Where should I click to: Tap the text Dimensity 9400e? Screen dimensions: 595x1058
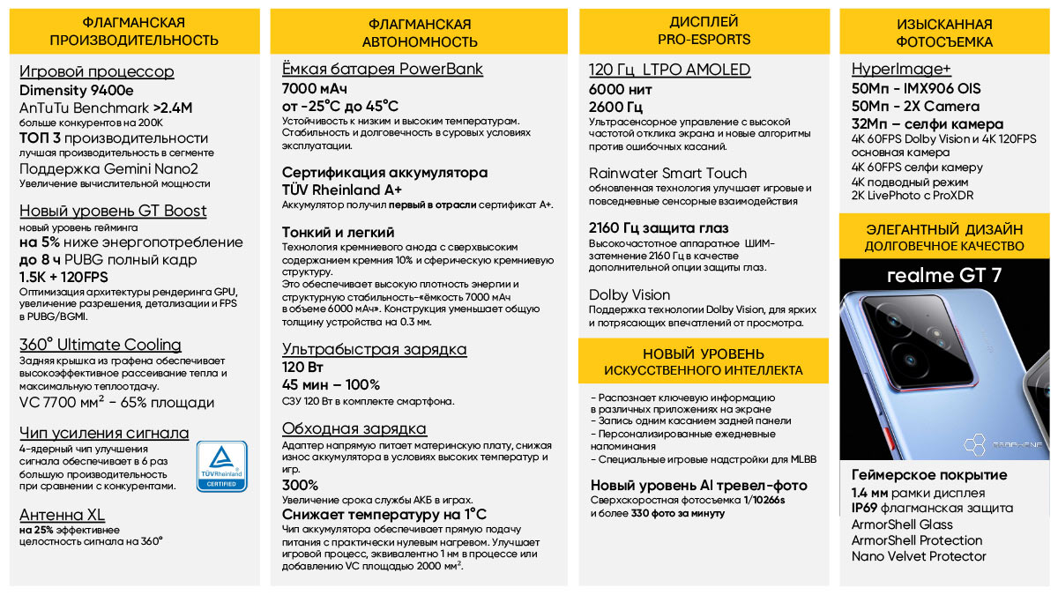pos(77,89)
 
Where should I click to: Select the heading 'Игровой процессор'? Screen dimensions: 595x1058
pos(96,71)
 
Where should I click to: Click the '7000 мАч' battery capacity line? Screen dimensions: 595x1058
pos(315,89)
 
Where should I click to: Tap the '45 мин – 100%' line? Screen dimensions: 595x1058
pos(331,384)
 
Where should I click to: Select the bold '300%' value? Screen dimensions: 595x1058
pos(300,485)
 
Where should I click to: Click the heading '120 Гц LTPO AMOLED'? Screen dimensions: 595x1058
pos(669,70)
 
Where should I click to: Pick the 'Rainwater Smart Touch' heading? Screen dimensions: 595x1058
pos(667,173)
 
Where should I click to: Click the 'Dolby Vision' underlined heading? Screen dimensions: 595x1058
pos(630,295)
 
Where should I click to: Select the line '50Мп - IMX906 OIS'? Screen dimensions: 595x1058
pos(915,89)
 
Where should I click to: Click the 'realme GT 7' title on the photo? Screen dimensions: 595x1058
pos(943,275)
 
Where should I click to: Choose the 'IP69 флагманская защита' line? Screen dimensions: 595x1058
pos(932,508)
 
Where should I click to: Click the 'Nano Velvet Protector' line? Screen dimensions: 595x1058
pos(919,556)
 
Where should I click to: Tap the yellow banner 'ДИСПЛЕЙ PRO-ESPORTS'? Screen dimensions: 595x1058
pos(704,30)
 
